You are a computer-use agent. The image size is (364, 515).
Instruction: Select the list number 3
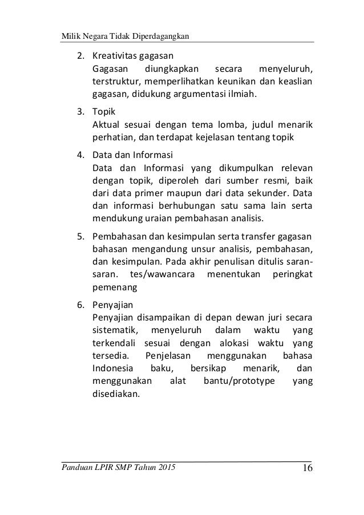(x=82, y=113)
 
